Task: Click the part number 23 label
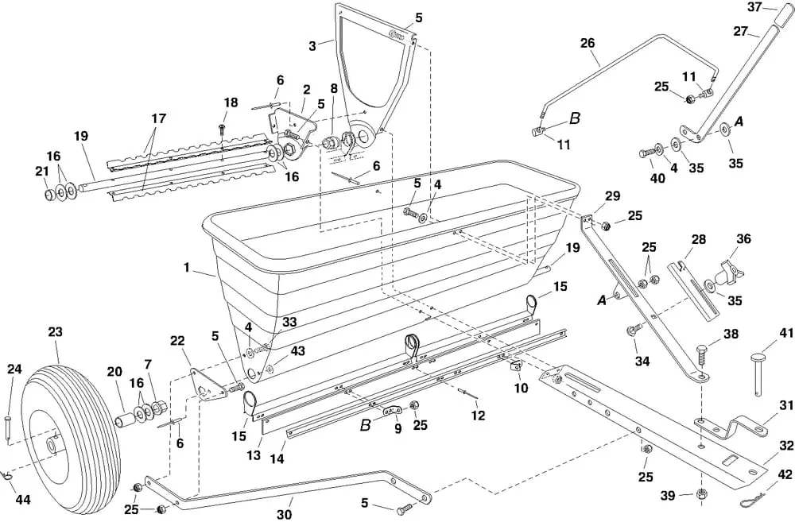coord(55,332)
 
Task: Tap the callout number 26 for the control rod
coord(588,43)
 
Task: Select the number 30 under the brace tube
coord(284,514)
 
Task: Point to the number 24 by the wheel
coord(14,368)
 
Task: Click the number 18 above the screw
coord(231,102)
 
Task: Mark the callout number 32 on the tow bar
coord(786,446)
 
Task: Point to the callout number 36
coord(743,238)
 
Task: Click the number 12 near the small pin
coord(477,414)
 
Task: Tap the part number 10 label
coord(522,389)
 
